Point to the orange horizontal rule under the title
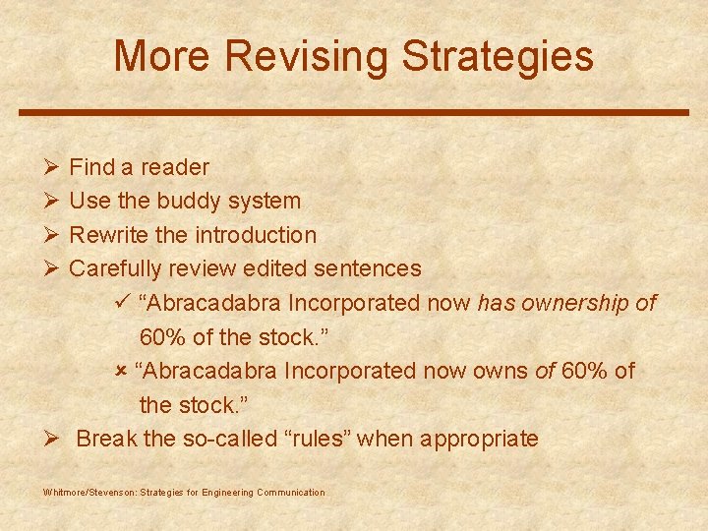click(354, 112)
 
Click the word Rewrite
click(108, 236)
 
